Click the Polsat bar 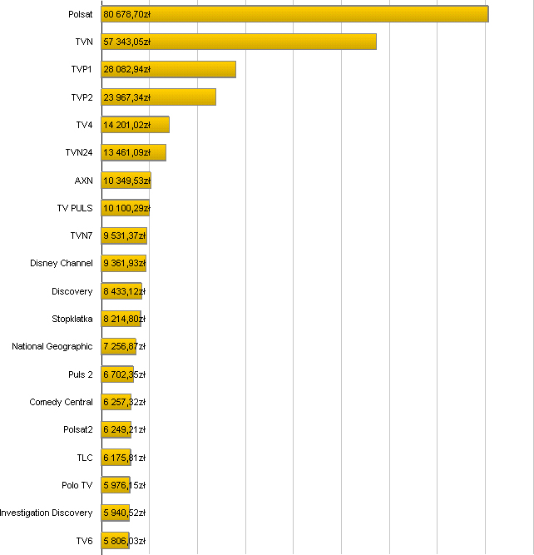[x=294, y=14]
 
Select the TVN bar [x=239, y=42]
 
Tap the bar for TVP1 [x=168, y=69]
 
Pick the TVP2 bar [x=158, y=97]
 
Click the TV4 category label [x=84, y=125]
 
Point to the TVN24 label [x=79, y=152]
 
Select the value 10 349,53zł [x=126, y=181]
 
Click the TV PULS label [x=75, y=208]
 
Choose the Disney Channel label [x=62, y=263]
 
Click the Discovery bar [x=121, y=291]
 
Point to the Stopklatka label [x=72, y=319]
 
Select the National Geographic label [x=52, y=346]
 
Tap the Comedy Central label [x=62, y=402]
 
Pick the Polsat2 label [x=78, y=429]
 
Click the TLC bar [x=116, y=458]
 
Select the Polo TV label [x=77, y=485]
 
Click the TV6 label [x=84, y=541]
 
